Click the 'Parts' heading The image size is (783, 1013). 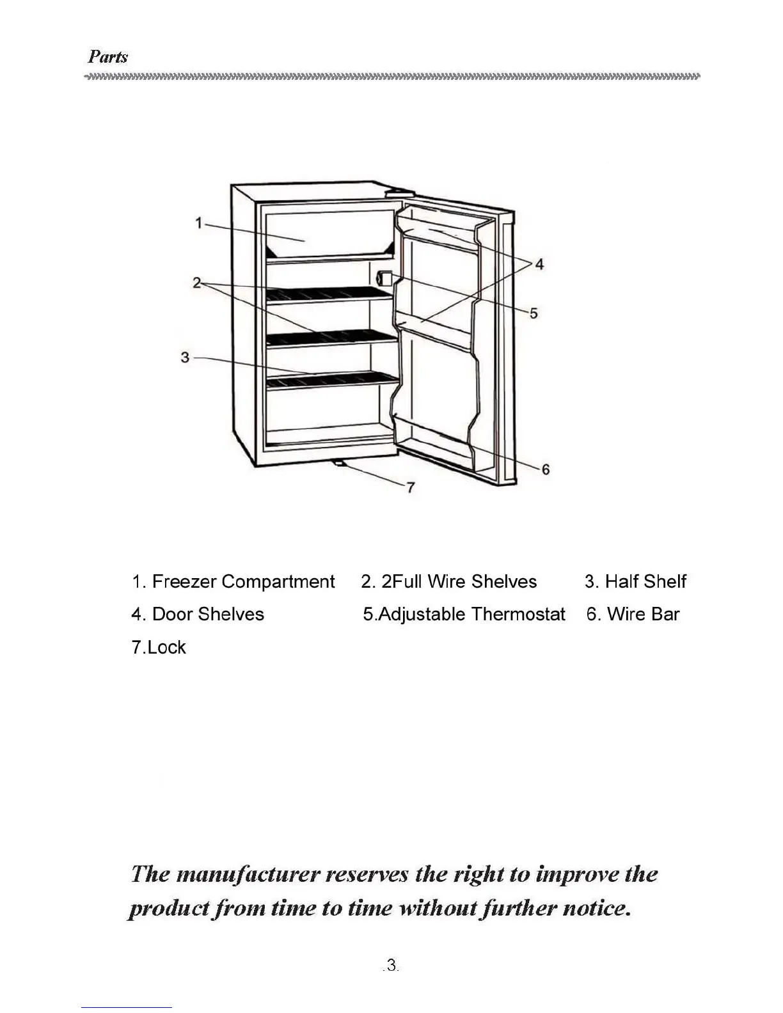(x=107, y=56)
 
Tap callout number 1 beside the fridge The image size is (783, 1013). (x=199, y=223)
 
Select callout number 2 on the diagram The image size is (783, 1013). (x=197, y=283)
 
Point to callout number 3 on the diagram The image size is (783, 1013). (x=185, y=357)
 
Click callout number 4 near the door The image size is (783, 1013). (x=539, y=264)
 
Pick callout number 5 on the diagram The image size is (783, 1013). (x=534, y=313)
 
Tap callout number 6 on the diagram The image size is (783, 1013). (x=545, y=469)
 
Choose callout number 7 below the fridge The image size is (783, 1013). (x=410, y=487)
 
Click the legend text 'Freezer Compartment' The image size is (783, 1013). (x=243, y=582)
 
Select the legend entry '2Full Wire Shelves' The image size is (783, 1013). (x=459, y=582)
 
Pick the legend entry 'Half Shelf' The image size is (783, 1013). (x=645, y=582)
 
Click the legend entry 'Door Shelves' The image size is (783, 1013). (x=207, y=615)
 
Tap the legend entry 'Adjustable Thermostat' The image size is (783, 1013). (x=471, y=615)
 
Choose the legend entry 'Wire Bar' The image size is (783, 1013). (x=642, y=615)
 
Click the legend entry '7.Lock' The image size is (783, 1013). (x=158, y=647)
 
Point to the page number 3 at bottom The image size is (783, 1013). (x=391, y=965)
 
